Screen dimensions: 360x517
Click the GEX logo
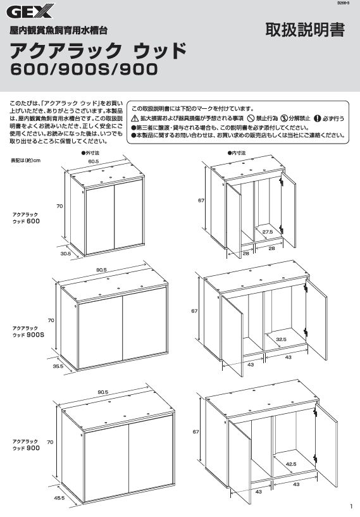(30, 12)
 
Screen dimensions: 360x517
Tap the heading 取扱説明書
(305, 30)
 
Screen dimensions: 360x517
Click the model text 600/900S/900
(84, 69)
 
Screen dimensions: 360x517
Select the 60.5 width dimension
(94, 161)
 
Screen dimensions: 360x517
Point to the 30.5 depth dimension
(66, 254)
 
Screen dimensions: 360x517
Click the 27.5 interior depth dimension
(268, 232)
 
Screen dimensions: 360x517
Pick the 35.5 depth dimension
(58, 366)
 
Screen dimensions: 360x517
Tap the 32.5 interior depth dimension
(281, 339)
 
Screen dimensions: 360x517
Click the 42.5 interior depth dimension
(291, 464)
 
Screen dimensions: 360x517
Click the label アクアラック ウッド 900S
(28, 332)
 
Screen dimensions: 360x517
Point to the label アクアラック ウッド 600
(26, 218)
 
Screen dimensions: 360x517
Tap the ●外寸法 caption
(90, 153)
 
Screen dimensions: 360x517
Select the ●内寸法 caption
(237, 153)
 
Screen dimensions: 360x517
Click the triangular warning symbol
(135, 118)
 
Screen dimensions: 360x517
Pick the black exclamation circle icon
(317, 118)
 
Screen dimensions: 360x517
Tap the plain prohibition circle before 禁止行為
(251, 118)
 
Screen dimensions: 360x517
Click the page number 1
(351, 506)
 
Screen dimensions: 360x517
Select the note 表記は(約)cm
(26, 161)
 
